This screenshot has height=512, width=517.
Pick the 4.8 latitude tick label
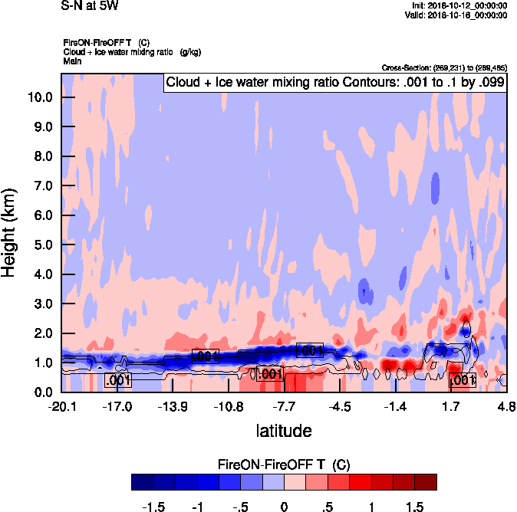coord(506,406)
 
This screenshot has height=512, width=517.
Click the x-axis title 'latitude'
coord(284,431)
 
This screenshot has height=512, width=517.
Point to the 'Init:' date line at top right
coord(459,6)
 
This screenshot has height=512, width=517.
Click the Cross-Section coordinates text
coord(443,67)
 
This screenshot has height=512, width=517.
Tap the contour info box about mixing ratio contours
coord(334,83)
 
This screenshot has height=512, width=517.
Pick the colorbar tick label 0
coord(284,507)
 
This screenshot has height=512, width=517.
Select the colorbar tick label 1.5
coord(415,507)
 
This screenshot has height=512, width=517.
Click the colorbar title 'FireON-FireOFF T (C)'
coord(284,464)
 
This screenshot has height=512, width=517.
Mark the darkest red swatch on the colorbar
coord(426,482)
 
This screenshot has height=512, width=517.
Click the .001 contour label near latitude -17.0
coord(118,379)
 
